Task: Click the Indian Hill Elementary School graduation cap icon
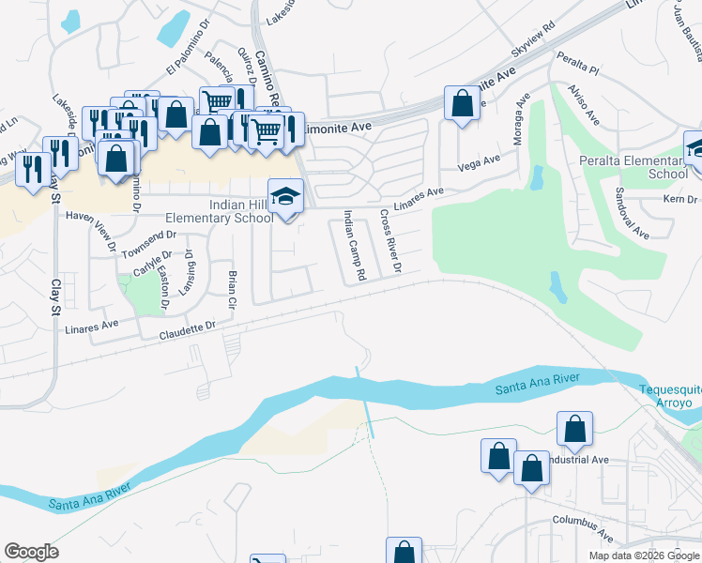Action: (x=286, y=196)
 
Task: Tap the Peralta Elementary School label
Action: (x=641, y=167)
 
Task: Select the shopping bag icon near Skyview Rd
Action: (x=463, y=105)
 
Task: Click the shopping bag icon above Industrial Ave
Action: (x=574, y=430)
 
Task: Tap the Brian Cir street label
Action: (x=232, y=289)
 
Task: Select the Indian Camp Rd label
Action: (x=353, y=246)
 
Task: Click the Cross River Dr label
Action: (x=390, y=242)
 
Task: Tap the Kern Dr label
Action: (x=680, y=199)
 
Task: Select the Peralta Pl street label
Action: (x=577, y=67)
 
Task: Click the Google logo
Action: (x=31, y=552)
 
